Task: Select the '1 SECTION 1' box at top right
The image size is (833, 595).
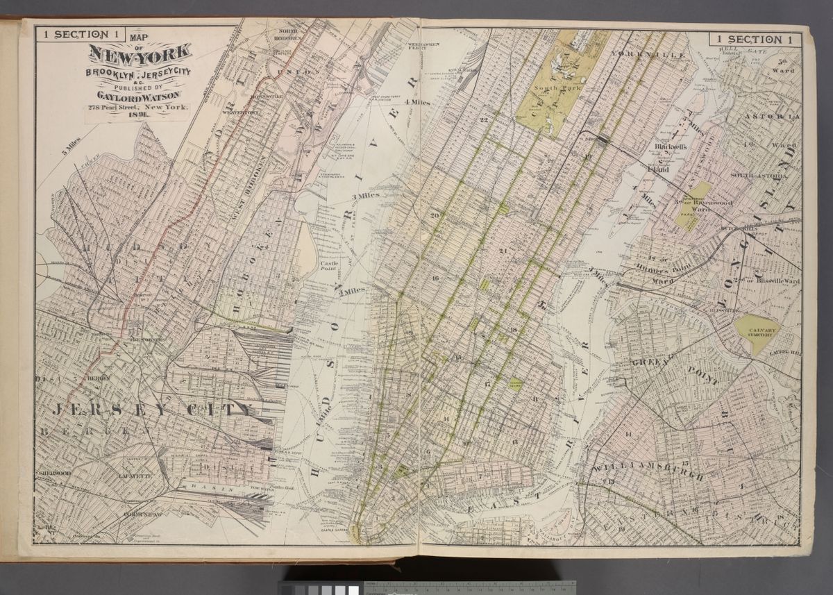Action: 752,40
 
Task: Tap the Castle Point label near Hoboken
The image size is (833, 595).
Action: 328,267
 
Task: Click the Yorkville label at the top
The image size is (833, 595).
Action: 648,53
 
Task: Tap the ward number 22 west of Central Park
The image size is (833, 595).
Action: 484,121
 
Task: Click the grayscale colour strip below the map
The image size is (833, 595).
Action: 319,589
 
